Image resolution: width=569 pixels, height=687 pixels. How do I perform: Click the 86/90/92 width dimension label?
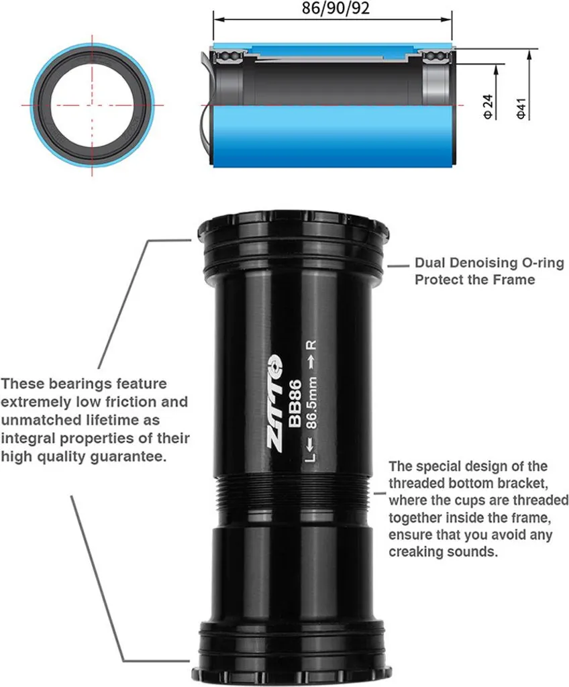pos(335,8)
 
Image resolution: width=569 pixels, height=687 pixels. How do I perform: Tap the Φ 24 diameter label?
pos(487,107)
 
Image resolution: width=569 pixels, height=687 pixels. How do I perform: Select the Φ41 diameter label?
pos(521,108)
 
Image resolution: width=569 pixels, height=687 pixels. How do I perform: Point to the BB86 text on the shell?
pos(295,403)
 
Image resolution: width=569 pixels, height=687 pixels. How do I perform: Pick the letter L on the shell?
pos(311,458)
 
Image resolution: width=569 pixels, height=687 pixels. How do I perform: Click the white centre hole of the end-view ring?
pos(92,105)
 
